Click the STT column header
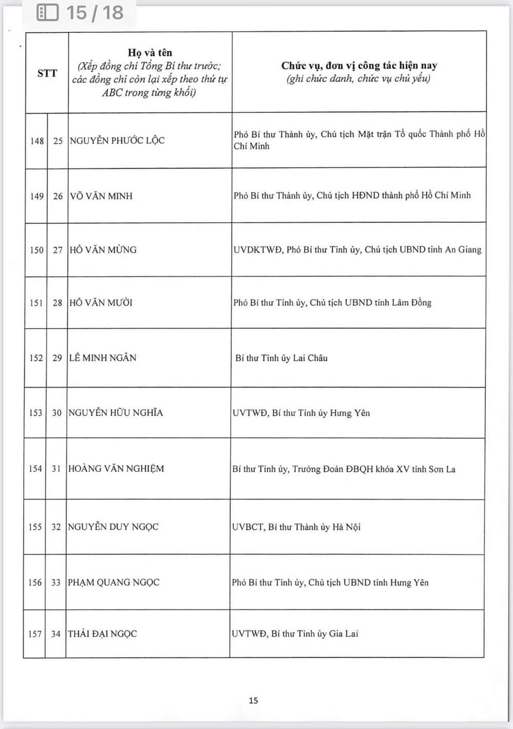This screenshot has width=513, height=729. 47,73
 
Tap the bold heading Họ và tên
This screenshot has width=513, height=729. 150,52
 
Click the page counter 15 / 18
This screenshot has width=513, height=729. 95,12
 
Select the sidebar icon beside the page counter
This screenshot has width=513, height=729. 48,12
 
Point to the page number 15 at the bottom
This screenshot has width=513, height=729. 253,700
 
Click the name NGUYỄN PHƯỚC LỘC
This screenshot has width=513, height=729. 117,141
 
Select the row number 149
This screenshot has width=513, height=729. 37,196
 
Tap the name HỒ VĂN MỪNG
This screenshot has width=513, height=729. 103,250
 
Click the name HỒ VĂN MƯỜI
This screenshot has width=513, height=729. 101,303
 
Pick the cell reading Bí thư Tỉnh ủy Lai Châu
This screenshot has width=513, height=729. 281,358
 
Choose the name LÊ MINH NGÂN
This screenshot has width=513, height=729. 103,358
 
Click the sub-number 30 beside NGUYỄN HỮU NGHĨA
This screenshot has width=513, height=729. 56,413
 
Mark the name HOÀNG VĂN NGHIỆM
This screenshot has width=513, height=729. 116,469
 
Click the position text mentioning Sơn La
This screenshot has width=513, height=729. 344,469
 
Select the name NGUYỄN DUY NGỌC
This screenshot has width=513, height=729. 113,527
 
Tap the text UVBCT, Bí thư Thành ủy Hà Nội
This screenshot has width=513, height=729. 296,527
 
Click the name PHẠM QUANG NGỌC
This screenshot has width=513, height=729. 113,582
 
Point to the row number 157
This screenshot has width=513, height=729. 35,634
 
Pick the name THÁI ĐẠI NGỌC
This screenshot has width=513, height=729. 102,634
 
